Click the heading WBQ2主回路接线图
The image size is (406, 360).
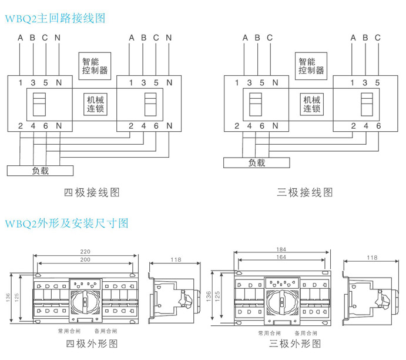point(55,19)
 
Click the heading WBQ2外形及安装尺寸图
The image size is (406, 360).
point(66,224)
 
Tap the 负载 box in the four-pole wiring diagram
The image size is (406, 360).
point(40,171)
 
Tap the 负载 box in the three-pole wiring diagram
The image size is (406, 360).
point(256,162)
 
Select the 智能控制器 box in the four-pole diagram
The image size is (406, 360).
point(95,65)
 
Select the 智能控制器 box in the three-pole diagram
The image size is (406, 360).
point(311,65)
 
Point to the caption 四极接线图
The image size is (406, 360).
point(92,192)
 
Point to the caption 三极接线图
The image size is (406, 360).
point(305,192)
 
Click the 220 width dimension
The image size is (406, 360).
point(85,252)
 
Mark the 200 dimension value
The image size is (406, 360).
point(85,260)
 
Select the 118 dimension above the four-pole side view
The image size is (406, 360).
point(175,259)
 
